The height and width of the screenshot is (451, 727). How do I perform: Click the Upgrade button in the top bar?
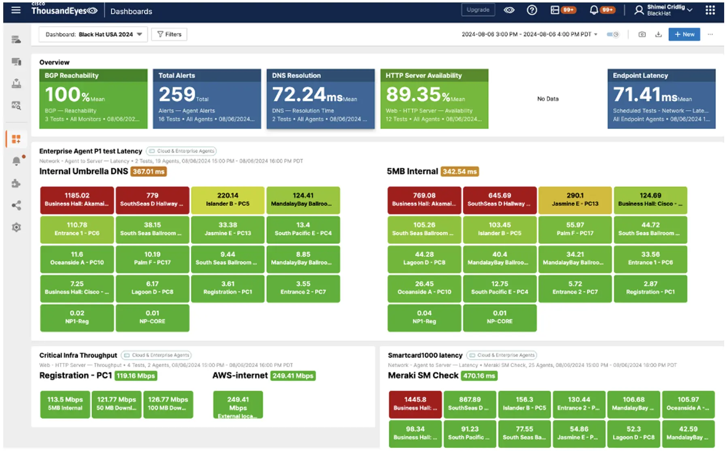478,10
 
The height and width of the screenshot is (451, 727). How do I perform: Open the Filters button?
169,34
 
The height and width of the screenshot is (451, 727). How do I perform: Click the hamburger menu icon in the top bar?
16,10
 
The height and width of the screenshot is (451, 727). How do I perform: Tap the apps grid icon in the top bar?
710,10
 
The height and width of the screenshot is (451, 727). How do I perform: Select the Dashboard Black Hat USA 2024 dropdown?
93,34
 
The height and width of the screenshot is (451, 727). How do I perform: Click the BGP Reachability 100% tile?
93,99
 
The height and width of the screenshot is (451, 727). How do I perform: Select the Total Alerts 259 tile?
206,99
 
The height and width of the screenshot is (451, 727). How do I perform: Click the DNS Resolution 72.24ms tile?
320,99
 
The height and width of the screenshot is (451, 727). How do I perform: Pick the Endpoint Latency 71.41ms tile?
661,99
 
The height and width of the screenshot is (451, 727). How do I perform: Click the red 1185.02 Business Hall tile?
77,200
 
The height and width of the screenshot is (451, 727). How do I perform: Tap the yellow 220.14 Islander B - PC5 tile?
227,200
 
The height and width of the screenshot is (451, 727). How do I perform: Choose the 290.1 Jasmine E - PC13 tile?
575,200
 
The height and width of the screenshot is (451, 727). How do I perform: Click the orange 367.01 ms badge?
149,172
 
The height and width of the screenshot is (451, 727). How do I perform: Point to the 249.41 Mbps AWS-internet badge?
293,376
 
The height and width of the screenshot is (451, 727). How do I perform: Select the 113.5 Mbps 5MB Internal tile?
65,404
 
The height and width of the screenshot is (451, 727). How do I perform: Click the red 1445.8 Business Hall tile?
415,404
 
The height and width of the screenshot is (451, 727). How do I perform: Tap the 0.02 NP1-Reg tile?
77,317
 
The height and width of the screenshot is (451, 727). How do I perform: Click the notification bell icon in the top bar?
593,10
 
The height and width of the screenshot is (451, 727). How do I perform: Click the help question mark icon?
532,10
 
